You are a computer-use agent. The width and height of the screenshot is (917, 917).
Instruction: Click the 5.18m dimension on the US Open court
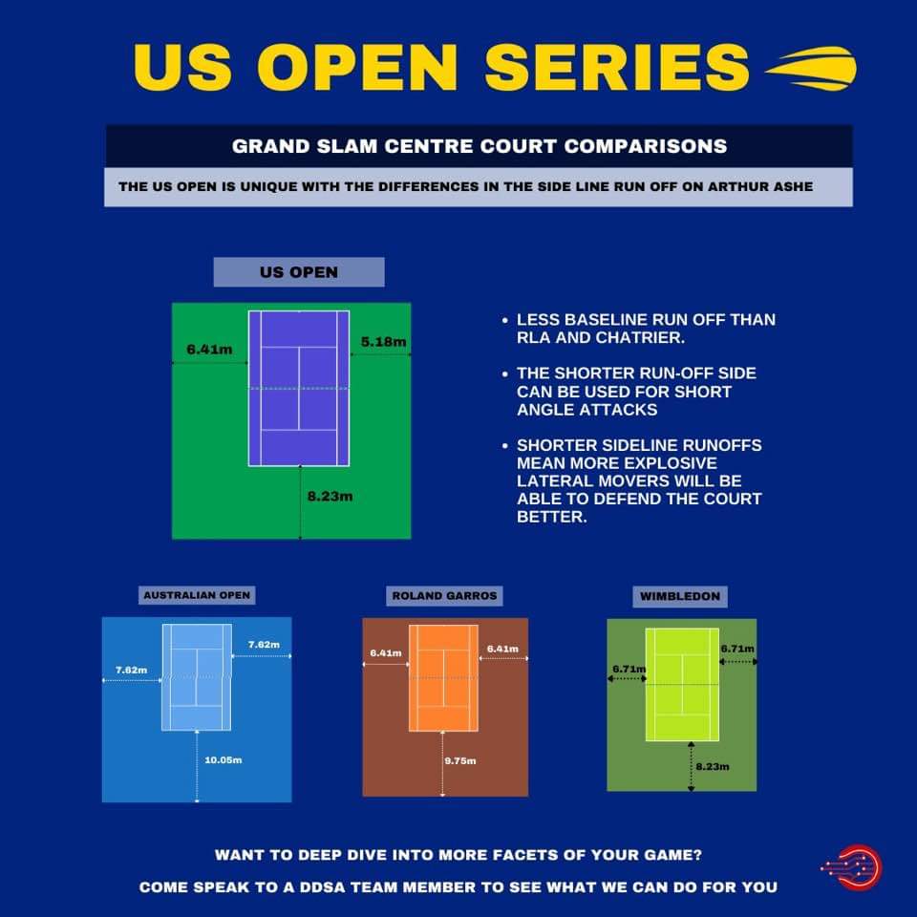click(x=384, y=342)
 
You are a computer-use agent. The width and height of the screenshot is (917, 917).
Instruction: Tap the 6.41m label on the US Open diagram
click(x=209, y=350)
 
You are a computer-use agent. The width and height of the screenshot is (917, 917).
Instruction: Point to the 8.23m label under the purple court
click(x=331, y=498)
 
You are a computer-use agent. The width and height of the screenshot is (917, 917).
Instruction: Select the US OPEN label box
click(x=298, y=272)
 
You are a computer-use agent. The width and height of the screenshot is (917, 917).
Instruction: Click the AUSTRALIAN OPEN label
click(x=197, y=595)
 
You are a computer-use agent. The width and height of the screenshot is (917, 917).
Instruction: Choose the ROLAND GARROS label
click(x=444, y=596)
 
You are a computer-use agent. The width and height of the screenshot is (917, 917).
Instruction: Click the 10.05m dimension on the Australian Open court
click(x=223, y=760)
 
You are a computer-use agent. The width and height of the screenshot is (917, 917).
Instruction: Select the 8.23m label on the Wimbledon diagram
click(x=713, y=766)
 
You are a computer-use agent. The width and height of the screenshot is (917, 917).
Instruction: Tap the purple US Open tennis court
click(x=299, y=388)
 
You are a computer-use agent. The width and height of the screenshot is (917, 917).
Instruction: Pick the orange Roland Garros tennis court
click(x=444, y=678)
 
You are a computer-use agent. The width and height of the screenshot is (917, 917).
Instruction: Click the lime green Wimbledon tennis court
click(x=682, y=684)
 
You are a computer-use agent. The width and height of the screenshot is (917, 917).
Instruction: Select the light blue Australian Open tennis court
click(x=197, y=676)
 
